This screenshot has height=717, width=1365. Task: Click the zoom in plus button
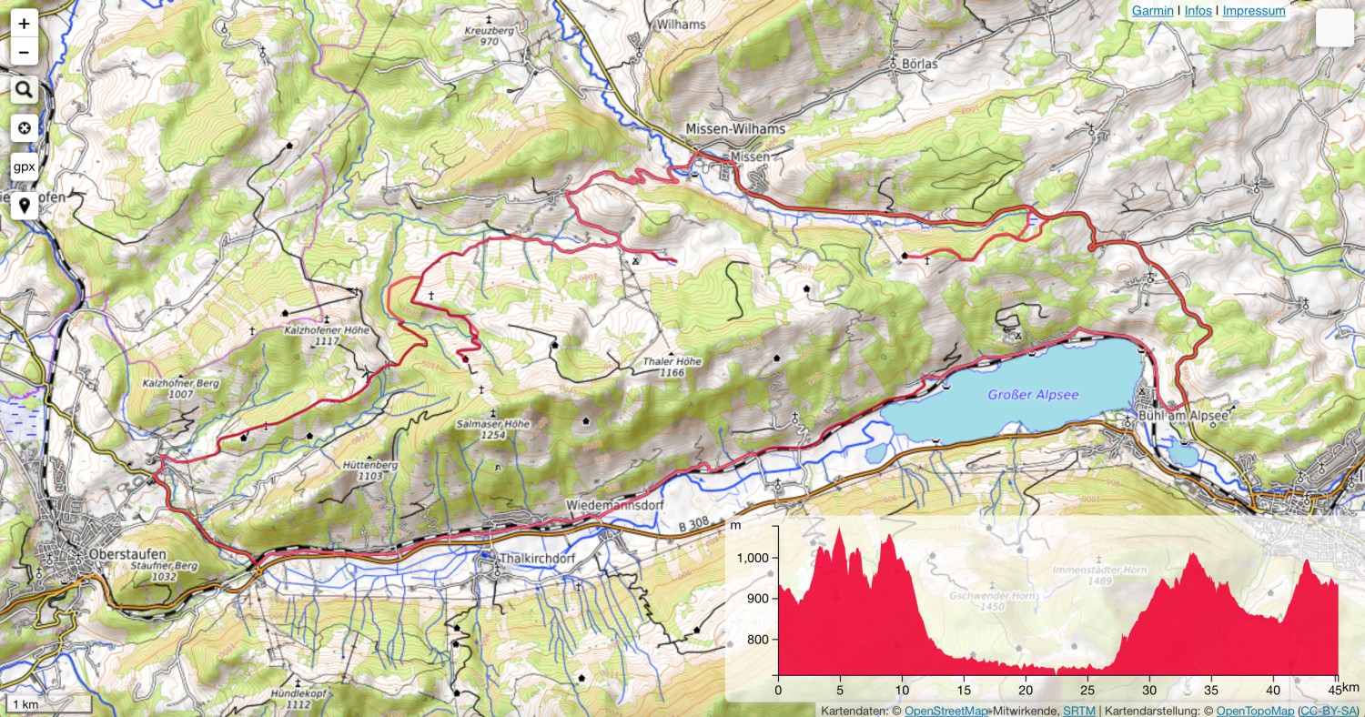click(24, 25)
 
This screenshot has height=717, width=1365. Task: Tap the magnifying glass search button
click(24, 90)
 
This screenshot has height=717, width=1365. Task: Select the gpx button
click(24, 167)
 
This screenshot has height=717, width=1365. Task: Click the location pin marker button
click(24, 206)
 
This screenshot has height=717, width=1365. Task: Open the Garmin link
click(1151, 11)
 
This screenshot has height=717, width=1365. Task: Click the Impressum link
click(1253, 11)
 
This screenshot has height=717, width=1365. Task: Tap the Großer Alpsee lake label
click(1033, 395)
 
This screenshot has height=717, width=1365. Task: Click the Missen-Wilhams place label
click(735, 129)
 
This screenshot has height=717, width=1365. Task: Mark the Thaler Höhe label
click(672, 361)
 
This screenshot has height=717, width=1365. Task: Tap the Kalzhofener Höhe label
click(327, 330)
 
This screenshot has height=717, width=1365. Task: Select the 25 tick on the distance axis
click(1087, 690)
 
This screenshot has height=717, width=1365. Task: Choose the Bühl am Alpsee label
click(1184, 416)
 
